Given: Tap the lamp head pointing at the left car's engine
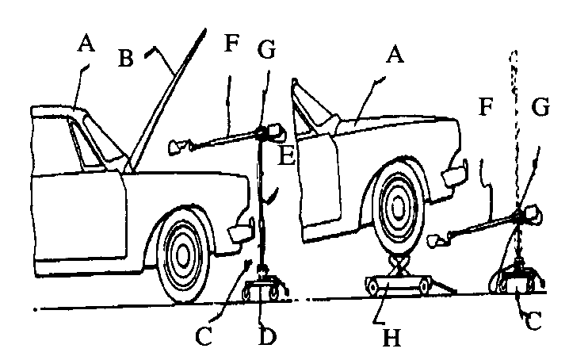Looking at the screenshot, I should [180, 147].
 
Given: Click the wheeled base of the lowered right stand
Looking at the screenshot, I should [515, 282].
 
